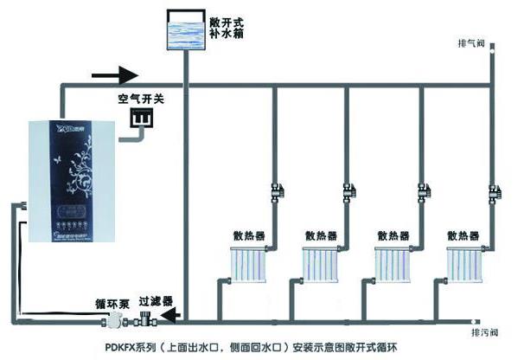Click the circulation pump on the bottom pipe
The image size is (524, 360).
point(111,321)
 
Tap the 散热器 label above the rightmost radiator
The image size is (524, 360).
point(464,235)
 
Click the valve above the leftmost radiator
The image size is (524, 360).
point(275,187)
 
